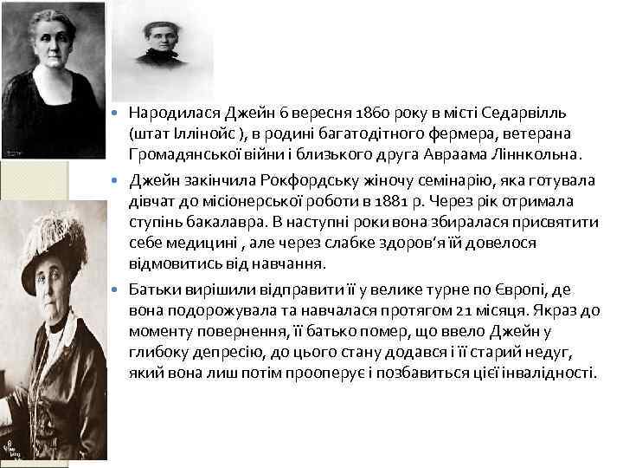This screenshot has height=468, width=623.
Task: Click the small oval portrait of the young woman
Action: [x=162, y=39]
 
